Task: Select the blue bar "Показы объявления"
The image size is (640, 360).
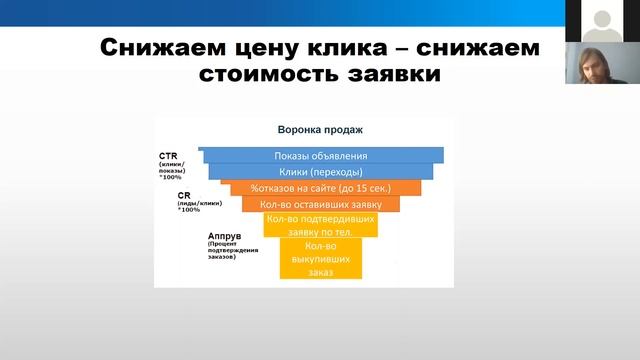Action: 321,155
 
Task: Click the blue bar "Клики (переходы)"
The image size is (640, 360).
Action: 321,171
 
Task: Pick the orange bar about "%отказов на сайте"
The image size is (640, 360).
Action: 321,187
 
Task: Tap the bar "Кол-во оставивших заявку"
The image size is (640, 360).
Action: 321,204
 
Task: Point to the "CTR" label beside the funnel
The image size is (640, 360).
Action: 167,156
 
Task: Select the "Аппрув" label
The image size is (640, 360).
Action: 222,236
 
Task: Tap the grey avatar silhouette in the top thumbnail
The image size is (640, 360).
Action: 601,19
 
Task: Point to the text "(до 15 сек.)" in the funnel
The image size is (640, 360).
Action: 363,187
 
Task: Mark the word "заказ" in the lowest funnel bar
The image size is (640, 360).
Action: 320,270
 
